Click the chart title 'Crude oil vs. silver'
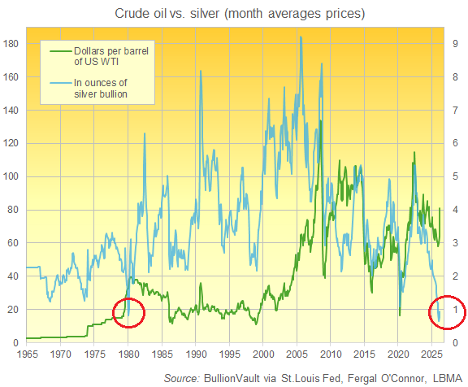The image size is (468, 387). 233,14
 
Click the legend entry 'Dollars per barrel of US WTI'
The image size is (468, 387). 119,58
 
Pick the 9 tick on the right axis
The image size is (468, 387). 454,43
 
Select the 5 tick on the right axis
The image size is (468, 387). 454,176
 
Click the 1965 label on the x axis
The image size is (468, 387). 26,355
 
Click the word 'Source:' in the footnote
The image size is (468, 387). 184,377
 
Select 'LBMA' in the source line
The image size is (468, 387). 444,377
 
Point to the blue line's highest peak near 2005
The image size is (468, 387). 301,37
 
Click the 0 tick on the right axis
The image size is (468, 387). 454,343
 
